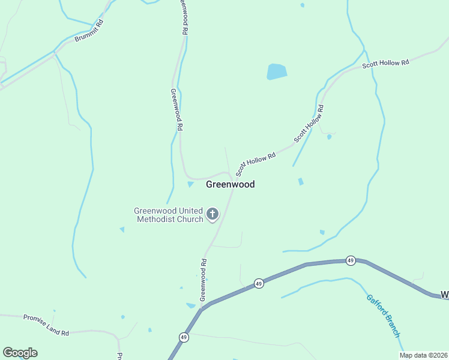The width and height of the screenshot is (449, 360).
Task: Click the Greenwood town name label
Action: pos(230,184)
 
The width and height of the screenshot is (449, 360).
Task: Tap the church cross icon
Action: pos(212,214)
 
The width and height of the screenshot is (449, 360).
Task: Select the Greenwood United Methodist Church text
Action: pos(169,215)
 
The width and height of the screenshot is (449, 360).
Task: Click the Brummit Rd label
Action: pos(89,31)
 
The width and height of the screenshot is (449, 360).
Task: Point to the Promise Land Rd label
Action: pos(46,325)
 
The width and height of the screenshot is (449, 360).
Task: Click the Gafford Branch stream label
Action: pos(382,316)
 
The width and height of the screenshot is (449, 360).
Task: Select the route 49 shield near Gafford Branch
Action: pos(259,283)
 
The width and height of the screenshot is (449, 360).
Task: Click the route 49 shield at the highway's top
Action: pos(351,260)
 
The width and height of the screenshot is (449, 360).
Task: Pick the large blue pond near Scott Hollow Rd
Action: pos(277,72)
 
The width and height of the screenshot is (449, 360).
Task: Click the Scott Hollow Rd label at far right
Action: pos(385,63)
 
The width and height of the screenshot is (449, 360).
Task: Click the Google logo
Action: pos(20,353)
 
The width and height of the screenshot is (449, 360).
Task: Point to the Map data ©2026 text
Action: pos(423,355)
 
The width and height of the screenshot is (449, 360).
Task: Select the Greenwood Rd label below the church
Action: pos(203,280)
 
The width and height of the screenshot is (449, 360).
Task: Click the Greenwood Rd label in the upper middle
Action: pos(176,110)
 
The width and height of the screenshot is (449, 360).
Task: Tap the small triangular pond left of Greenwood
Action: pos(190,184)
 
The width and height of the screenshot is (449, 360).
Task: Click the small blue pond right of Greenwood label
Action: pos(301,181)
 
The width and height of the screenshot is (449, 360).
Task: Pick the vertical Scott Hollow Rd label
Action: pos(309,124)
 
